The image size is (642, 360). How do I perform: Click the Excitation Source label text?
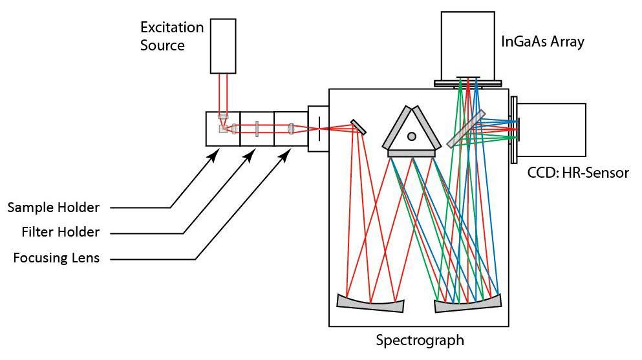[172, 36]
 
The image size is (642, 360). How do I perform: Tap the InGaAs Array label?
[542, 43]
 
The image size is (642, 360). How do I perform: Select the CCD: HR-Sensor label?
[577, 173]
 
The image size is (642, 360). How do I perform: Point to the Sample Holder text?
[54, 207]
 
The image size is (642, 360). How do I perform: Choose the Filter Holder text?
[57, 232]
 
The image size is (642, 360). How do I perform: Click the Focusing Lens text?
[57, 258]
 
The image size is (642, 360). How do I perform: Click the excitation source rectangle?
[223, 45]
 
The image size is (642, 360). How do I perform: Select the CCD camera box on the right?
[553, 129]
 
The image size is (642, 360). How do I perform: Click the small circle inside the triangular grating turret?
[411, 136]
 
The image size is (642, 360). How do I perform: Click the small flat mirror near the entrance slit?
[359, 127]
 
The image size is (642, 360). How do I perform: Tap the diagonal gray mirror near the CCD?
[465, 127]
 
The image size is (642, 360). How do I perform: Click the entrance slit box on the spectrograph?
[318, 129]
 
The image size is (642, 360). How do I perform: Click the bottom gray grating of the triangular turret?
[411, 154]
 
